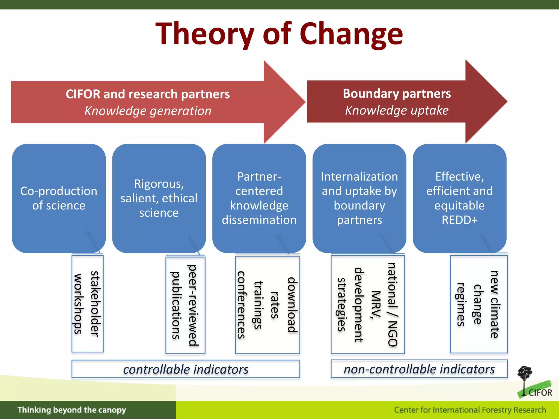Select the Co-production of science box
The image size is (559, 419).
click(x=59, y=198)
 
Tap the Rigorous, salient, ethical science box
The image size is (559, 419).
click(x=159, y=198)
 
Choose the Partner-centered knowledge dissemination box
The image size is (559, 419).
click(x=259, y=198)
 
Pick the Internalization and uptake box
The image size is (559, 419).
click(x=359, y=198)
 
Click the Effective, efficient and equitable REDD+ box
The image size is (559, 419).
click(x=459, y=198)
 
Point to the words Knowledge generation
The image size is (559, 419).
click(x=148, y=111)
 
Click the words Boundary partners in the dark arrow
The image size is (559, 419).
click(x=397, y=94)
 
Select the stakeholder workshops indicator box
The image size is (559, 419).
click(x=87, y=303)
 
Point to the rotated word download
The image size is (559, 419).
click(x=292, y=305)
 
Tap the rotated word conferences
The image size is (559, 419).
click(x=241, y=305)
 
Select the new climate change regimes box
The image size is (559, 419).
click(x=478, y=304)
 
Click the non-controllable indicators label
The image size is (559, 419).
click(x=419, y=369)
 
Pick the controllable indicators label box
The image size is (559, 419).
click(x=186, y=369)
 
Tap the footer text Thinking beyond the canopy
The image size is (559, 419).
click(x=72, y=410)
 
